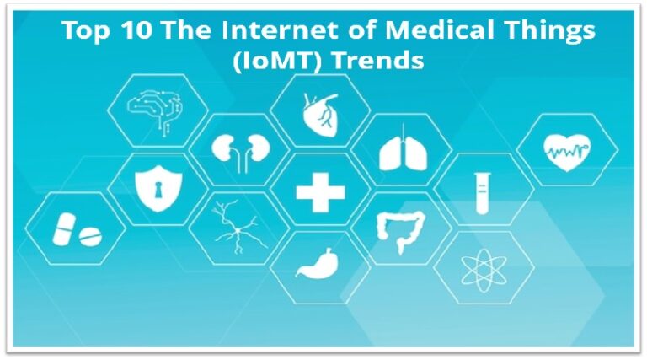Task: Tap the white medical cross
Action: pos(320,193)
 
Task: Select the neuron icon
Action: pos(235,228)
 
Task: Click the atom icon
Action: pos(483,268)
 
